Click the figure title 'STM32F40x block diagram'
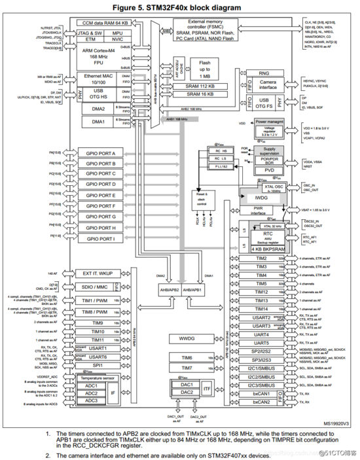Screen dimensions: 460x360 (x=181, y=7)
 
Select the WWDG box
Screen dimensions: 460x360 (x=182, y=338)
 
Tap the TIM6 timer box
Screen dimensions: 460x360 (x=186, y=357)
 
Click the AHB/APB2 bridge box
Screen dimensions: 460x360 (x=166, y=289)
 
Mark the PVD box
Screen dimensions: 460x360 (x=264, y=169)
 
